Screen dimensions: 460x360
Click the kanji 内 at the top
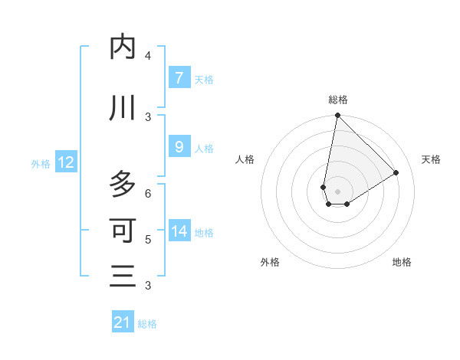click(x=123, y=47)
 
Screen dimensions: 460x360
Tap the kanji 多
click(x=123, y=184)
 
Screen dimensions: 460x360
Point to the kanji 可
click(x=123, y=230)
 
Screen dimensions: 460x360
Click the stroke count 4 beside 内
click(x=148, y=56)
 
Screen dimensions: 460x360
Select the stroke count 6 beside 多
click(x=148, y=193)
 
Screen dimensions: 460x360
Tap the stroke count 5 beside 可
click(x=148, y=239)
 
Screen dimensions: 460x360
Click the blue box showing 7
click(x=179, y=77)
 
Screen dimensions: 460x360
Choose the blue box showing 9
click(x=179, y=147)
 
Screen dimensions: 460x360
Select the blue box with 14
click(x=179, y=231)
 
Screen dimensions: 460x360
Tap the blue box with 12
click(x=65, y=162)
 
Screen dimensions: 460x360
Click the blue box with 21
click(x=123, y=322)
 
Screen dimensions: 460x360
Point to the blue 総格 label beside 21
click(x=147, y=324)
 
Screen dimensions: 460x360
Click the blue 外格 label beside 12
click(x=41, y=163)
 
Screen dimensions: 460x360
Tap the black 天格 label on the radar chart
click(x=432, y=159)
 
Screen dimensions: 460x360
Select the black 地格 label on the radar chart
click(x=402, y=262)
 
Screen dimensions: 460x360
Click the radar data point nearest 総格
click(x=337, y=116)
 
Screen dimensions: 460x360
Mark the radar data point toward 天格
click(x=396, y=173)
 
